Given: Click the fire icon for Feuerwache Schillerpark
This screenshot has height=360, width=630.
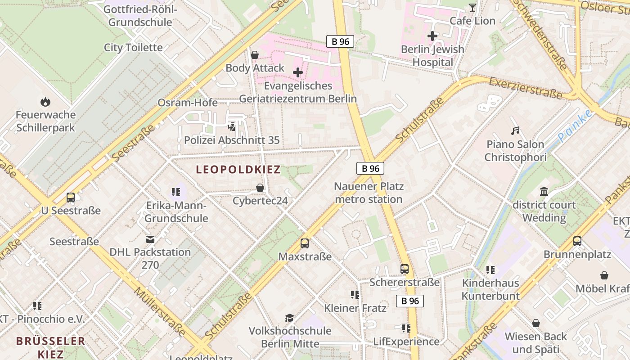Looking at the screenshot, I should pyautogui.click(x=45, y=102).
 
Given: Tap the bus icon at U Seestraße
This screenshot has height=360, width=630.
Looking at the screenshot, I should pyautogui.click(x=71, y=198).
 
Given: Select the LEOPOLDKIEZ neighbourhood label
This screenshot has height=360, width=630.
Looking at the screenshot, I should pyautogui.click(x=238, y=170).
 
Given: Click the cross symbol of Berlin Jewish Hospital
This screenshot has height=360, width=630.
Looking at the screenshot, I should pyautogui.click(x=432, y=36).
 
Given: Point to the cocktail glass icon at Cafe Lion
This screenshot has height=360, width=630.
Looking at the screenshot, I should pyautogui.click(x=472, y=8).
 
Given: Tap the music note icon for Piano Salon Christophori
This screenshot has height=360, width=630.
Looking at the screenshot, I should pyautogui.click(x=516, y=131).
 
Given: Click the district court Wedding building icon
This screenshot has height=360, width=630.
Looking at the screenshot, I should pyautogui.click(x=544, y=192).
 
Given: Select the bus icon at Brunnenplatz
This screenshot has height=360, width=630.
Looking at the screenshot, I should pyautogui.click(x=577, y=241).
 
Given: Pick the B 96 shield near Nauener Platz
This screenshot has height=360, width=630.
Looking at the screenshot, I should pyautogui.click(x=370, y=168).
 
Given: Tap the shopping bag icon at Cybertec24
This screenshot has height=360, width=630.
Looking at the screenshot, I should pyautogui.click(x=260, y=188).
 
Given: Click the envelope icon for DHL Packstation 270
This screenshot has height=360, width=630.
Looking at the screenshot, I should pyautogui.click(x=150, y=239).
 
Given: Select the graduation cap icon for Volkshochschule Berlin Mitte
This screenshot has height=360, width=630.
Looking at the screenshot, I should pyautogui.click(x=290, y=318).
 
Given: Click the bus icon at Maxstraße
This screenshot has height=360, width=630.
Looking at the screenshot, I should pyautogui.click(x=305, y=243).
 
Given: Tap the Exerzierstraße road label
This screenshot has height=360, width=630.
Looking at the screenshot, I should pyautogui.click(x=525, y=88).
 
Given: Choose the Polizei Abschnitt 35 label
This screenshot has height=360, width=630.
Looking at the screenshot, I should pyautogui.click(x=232, y=140).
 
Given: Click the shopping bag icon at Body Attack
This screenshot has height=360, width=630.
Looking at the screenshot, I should pyautogui.click(x=255, y=55).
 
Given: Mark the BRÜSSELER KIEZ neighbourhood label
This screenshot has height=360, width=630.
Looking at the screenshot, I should pyautogui.click(x=50, y=347).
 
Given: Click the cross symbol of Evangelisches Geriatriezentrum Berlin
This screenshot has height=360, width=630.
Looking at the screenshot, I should pyautogui.click(x=297, y=72).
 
